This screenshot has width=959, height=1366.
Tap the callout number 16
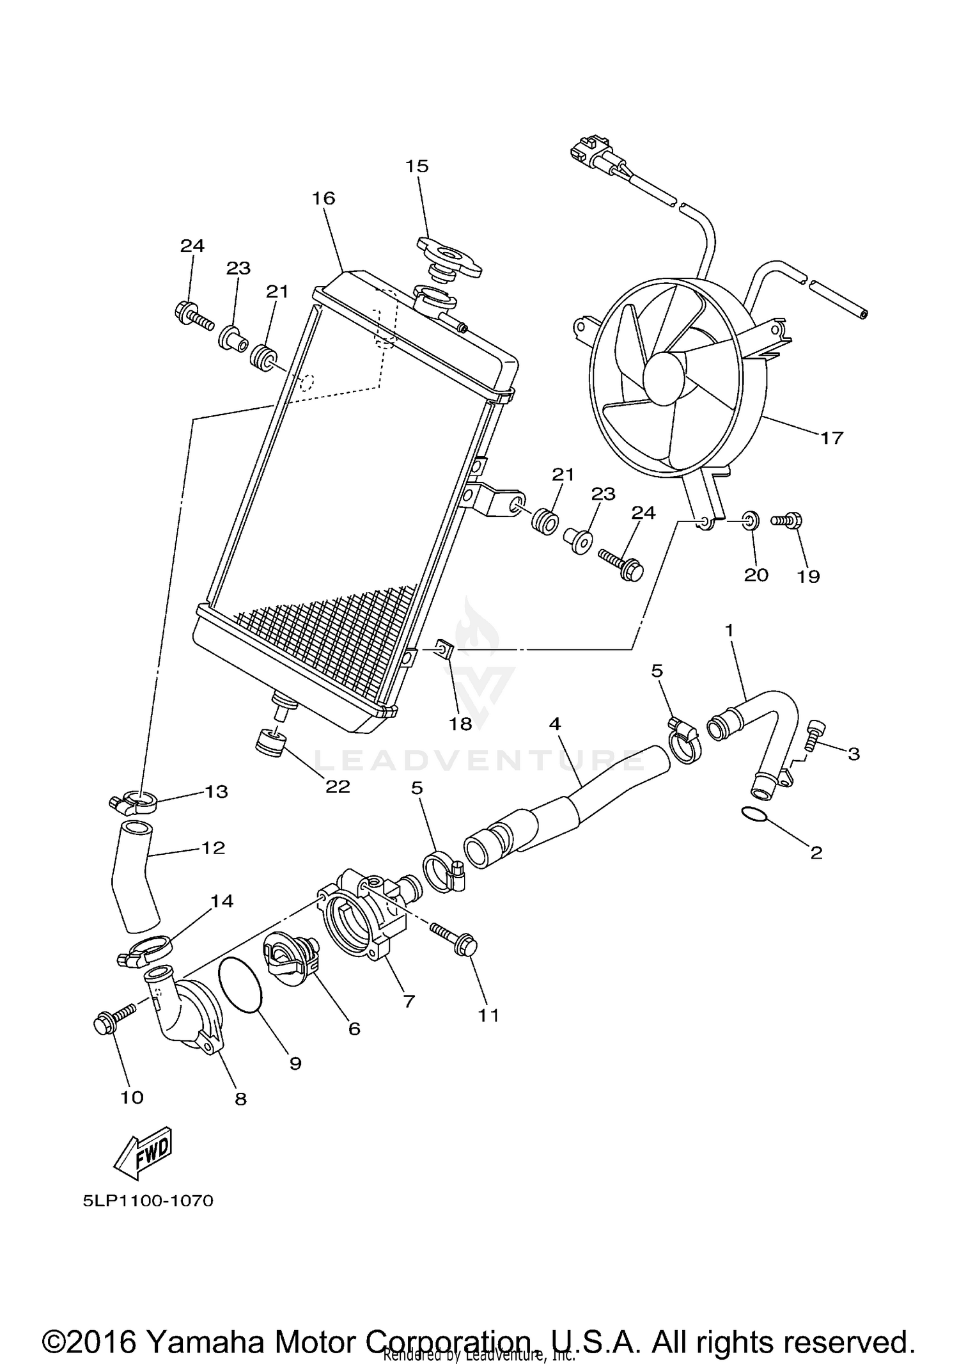(x=324, y=199)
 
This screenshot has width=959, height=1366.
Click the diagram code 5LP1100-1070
(x=148, y=1201)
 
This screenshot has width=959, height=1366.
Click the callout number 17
(x=832, y=438)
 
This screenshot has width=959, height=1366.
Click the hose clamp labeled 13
(x=134, y=800)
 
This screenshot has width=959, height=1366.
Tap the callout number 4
(x=554, y=724)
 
